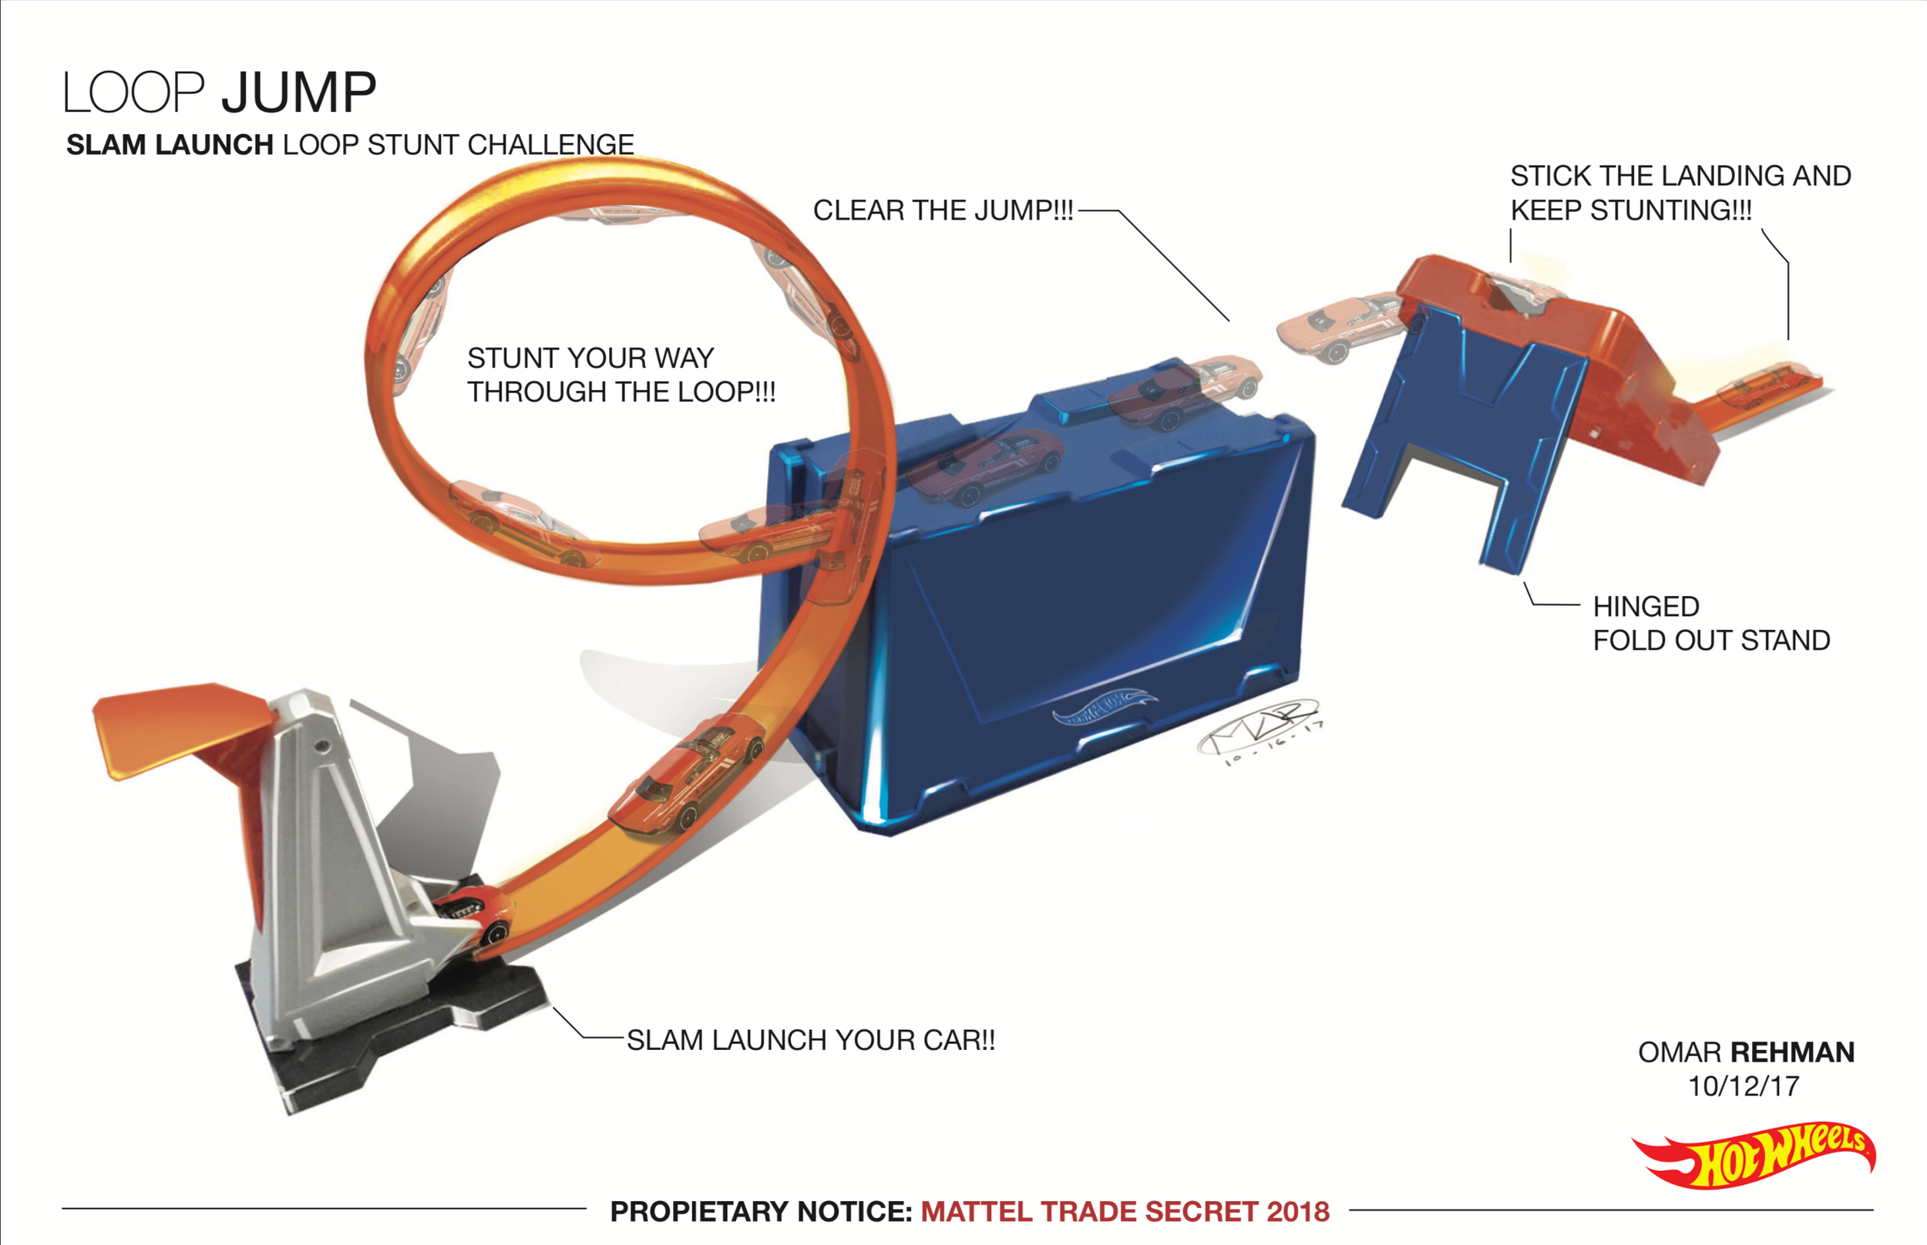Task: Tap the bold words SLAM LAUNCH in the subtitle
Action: [170, 145]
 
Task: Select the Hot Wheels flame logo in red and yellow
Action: [1754, 1156]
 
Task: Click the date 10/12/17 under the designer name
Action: [1744, 1085]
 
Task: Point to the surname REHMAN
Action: [1792, 1052]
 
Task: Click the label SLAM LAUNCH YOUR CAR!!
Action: [811, 1040]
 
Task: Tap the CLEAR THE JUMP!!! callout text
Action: [943, 210]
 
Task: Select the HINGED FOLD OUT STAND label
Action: [1710, 624]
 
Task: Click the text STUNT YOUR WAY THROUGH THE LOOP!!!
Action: [620, 375]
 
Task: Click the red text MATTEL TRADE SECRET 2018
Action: [1125, 1211]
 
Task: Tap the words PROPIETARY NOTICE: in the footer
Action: [761, 1211]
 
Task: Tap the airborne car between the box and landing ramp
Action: [1342, 327]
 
